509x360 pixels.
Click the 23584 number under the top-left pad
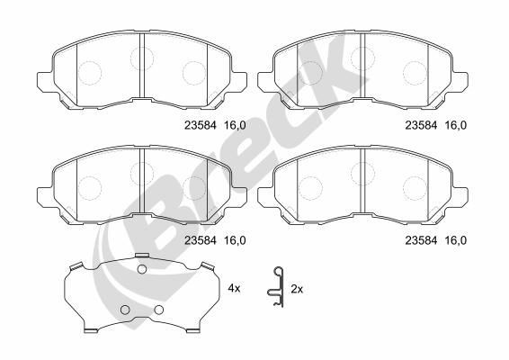200,125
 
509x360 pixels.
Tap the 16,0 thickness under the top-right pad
455,125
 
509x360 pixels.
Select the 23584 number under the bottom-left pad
200,240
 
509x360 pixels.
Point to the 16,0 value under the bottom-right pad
455,240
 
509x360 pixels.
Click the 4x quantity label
234,288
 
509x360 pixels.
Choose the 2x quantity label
297,289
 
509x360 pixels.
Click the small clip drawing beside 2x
276,287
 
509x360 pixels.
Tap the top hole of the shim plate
142,269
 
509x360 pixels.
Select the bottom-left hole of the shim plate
125,310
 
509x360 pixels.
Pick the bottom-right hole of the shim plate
159,310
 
